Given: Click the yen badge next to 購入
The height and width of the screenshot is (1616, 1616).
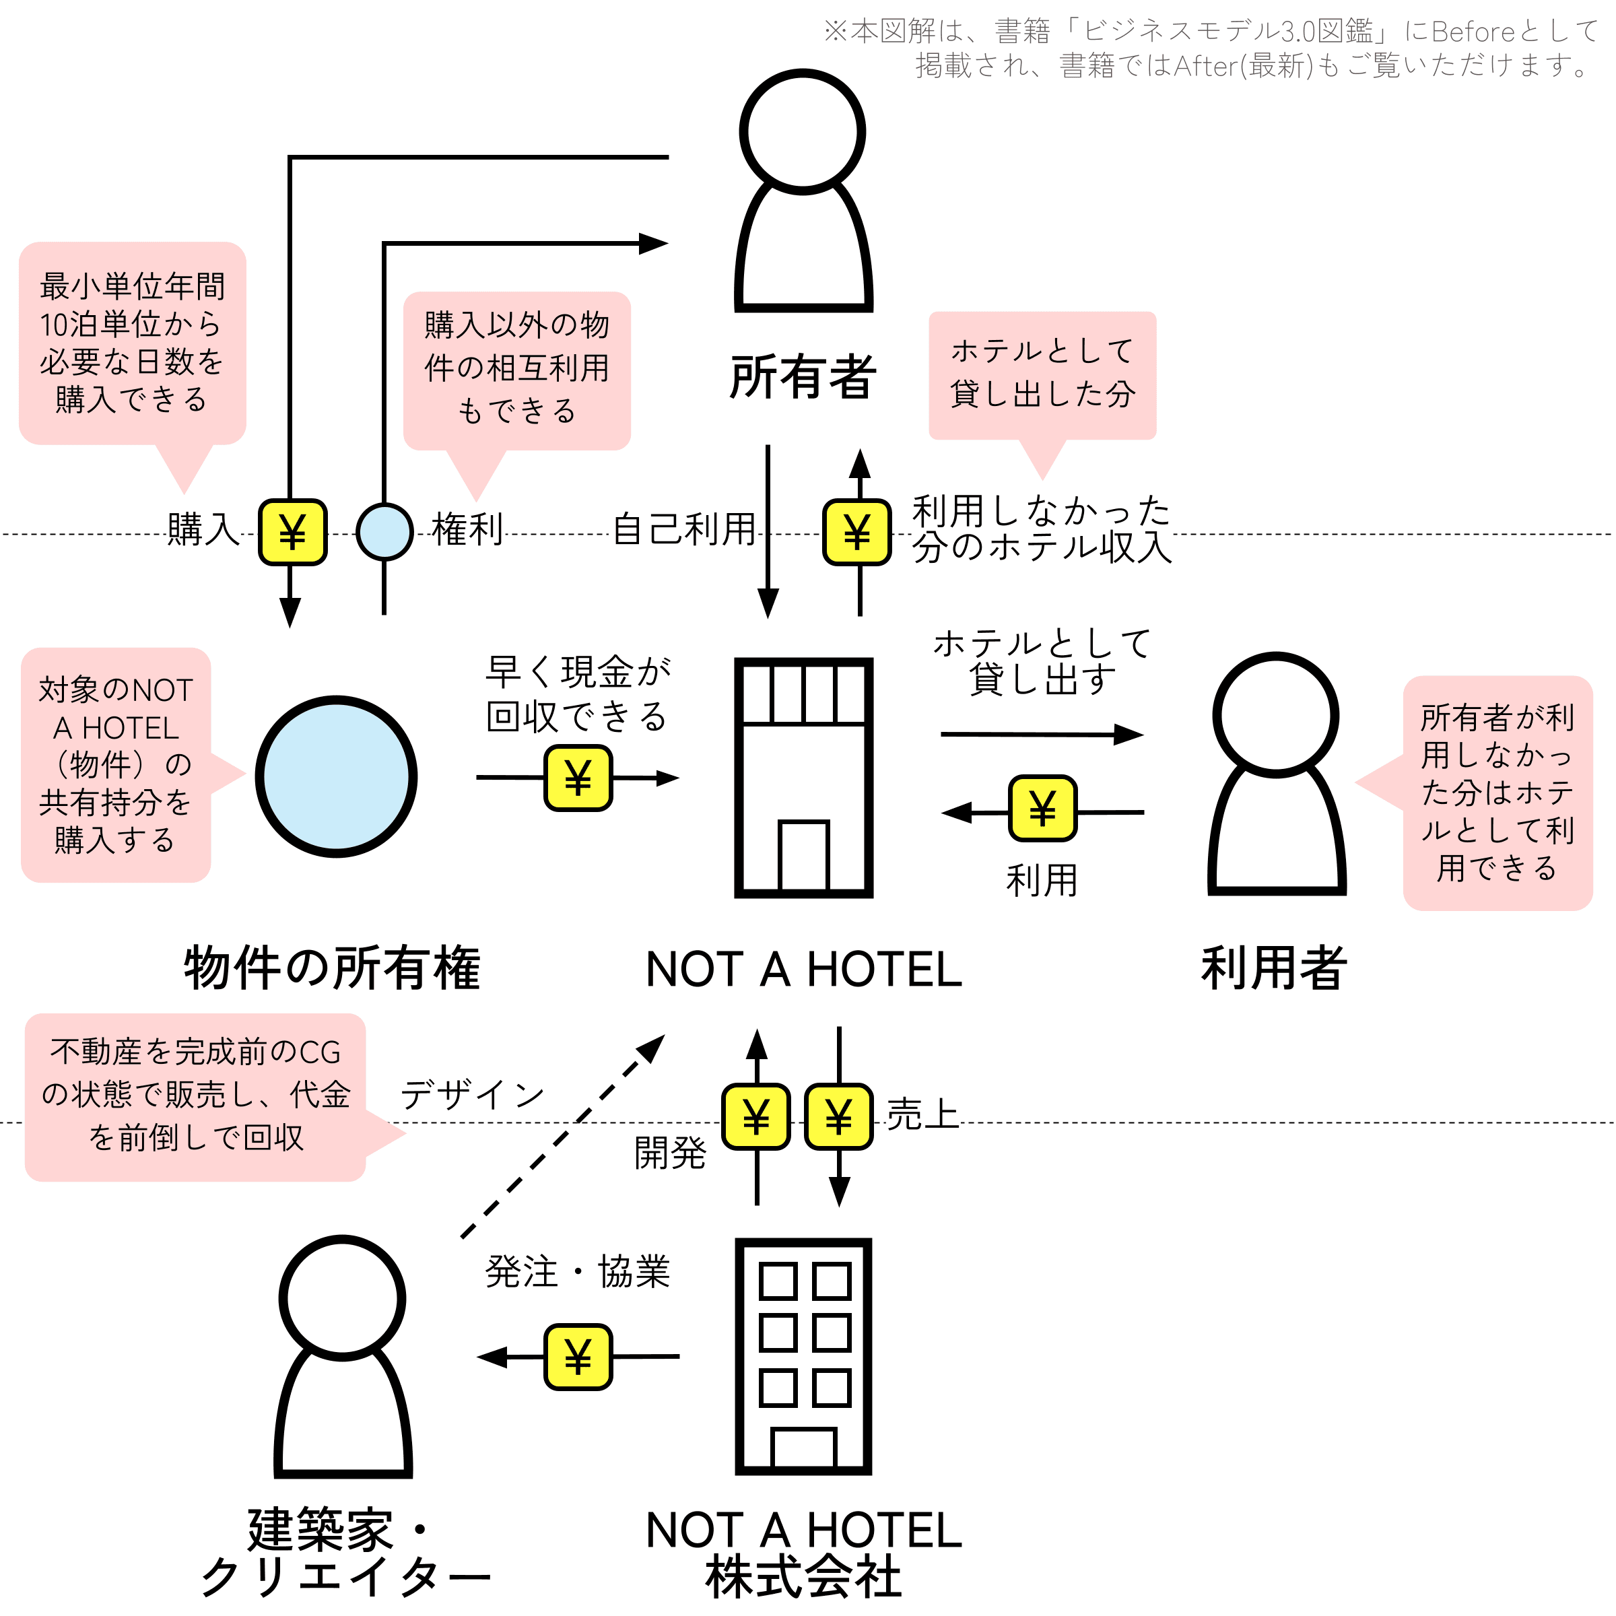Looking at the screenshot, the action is pos(292,532).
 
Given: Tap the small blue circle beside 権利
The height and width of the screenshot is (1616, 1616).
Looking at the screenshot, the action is pos(384,532).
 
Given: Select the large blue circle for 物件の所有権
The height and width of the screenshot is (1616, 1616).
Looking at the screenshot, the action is pos(336,776).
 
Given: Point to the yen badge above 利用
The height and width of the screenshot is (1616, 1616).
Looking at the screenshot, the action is pos(1042,808).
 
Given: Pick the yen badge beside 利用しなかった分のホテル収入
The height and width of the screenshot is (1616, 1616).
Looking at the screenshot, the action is pos(857,532).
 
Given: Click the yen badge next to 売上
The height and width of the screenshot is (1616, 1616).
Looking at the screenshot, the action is pos(839,1116).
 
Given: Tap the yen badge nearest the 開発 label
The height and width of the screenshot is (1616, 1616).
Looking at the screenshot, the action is pos(756,1116).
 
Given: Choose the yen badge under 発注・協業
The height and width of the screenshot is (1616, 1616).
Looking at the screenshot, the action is pos(578,1357).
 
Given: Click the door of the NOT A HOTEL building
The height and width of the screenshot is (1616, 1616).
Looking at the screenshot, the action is pos(804,856).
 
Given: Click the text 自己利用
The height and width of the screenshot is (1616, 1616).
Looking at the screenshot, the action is pos(684,529).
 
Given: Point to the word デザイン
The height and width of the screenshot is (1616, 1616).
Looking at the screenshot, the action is pos(473,1095).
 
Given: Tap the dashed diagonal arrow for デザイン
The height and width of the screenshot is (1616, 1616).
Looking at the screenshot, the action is pos(563,1136).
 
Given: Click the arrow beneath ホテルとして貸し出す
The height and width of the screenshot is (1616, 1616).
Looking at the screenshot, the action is pos(1042,735).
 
